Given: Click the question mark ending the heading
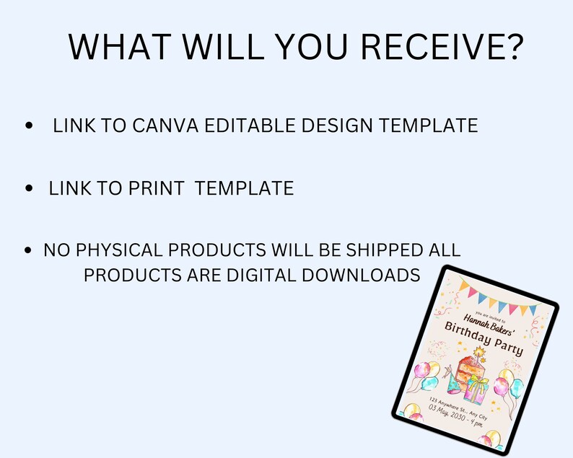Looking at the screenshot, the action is [x=512, y=47].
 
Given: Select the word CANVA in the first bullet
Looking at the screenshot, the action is [x=165, y=125].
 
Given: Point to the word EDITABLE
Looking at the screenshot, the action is [x=250, y=125].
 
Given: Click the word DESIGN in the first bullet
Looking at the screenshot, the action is [x=337, y=125].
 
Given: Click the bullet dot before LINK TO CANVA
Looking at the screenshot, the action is [x=29, y=125].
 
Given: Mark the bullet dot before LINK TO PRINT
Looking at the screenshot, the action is [x=29, y=188].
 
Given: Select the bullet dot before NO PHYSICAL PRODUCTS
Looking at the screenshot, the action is [x=28, y=250].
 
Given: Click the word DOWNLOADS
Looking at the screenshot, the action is [x=361, y=275].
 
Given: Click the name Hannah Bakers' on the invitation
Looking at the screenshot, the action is [x=489, y=325].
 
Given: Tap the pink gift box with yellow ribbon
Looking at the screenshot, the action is [x=476, y=389].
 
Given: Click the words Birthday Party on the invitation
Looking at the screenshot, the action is [x=484, y=338].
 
